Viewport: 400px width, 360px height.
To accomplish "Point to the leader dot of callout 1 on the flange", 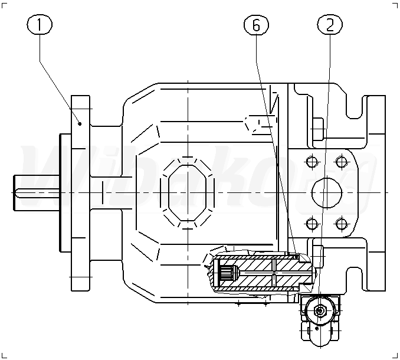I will tap(79, 123).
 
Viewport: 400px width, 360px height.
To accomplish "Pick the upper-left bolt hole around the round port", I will tap(312, 161).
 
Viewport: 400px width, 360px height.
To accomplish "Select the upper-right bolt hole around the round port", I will tap(339, 161).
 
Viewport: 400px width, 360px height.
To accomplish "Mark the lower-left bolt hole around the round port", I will tap(312, 223).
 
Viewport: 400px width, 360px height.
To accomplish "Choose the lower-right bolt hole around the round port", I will tap(339, 223).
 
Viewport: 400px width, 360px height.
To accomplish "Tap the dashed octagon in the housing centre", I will tap(188, 191).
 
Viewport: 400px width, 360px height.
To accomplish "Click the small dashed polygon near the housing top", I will tap(255, 123).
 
